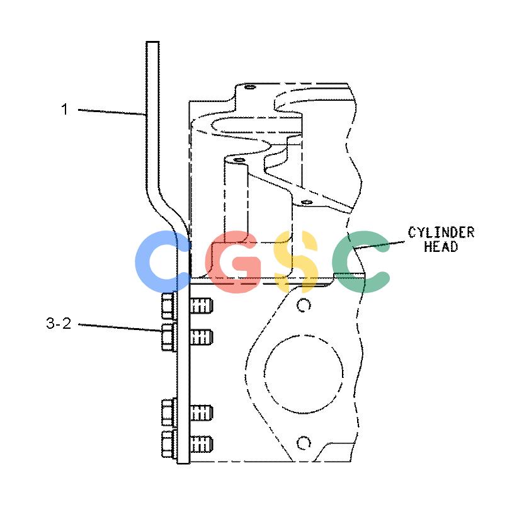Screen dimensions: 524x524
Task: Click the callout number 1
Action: click(64, 110)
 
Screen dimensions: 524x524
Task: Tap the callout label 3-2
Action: click(59, 323)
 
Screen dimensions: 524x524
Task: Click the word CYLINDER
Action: click(441, 232)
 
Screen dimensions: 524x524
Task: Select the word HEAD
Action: click(441, 246)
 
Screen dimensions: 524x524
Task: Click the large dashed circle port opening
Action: click(304, 334)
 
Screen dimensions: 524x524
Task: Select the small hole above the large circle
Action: click(304, 305)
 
